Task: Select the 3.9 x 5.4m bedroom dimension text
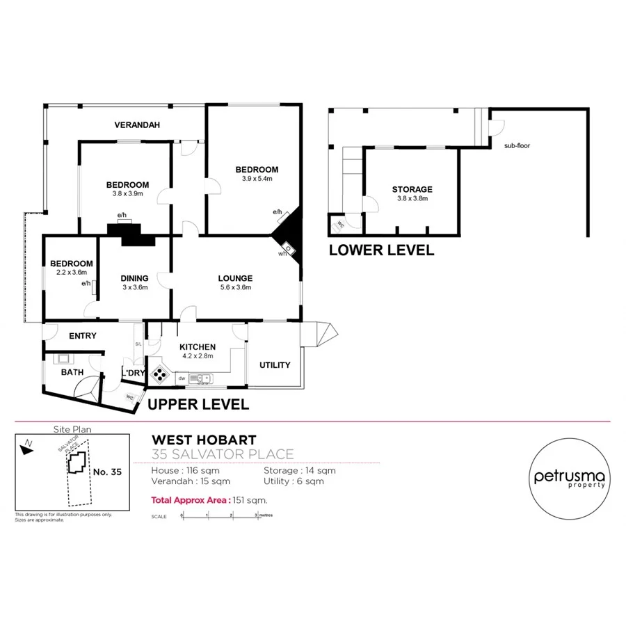pos(257,179)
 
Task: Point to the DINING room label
pos(135,278)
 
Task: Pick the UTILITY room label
pos(275,365)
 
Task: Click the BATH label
pos(72,373)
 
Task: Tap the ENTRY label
pos(83,336)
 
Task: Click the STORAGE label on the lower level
pos(412,189)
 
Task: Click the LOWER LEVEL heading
pos(381,250)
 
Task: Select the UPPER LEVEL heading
pos(198,403)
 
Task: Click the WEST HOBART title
pos(204,440)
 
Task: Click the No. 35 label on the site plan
pos(106,472)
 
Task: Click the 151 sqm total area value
pos(253,499)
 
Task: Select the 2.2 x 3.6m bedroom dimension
pos(72,273)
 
